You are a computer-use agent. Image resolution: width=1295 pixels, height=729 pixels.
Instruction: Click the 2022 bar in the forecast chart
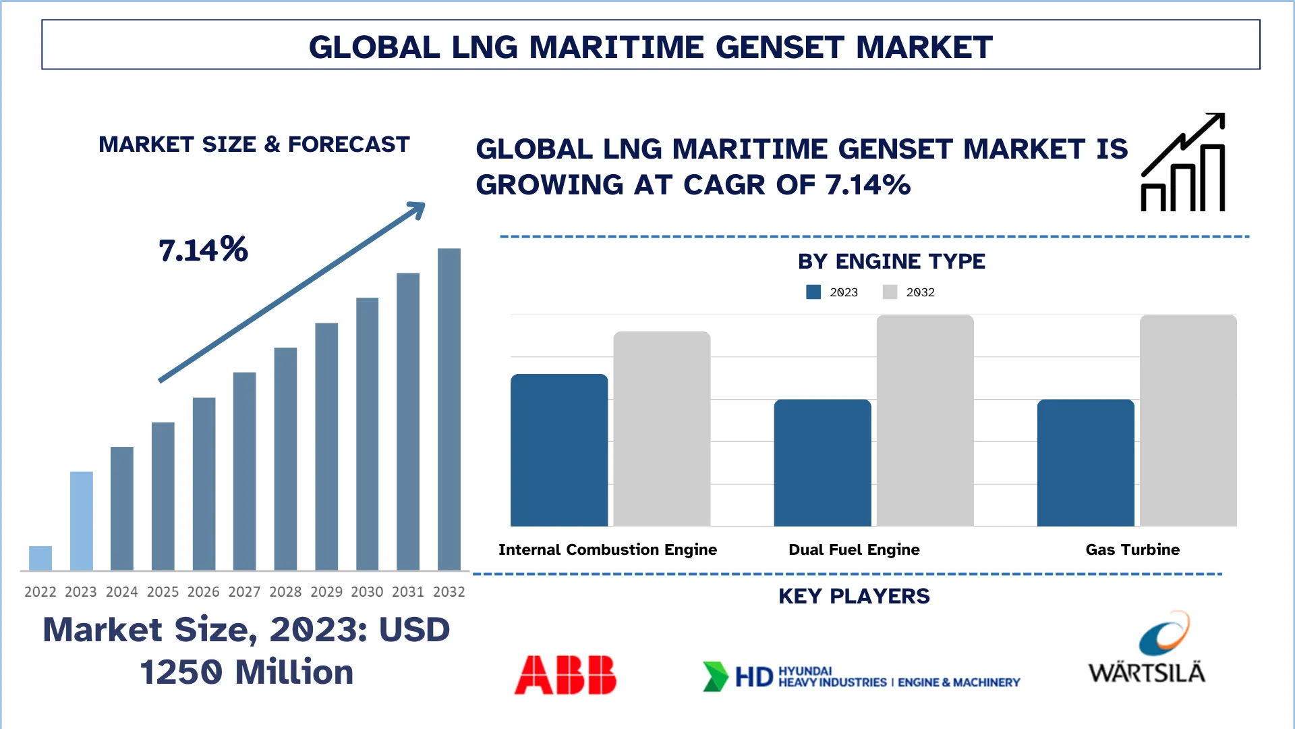[x=40, y=558]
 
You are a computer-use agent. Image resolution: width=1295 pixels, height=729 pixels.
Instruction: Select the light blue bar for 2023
[x=81, y=520]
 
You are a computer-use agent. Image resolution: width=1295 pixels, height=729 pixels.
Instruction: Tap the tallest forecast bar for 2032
[x=449, y=409]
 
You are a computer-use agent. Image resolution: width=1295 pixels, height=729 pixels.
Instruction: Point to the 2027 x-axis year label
[x=244, y=592]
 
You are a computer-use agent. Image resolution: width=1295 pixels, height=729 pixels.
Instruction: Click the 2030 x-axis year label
[x=367, y=592]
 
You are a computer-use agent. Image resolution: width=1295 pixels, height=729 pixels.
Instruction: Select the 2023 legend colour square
[x=813, y=292]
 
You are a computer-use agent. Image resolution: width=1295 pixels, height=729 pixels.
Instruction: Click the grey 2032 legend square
[x=890, y=292]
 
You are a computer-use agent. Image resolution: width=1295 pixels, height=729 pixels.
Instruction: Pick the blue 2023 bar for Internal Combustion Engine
[x=559, y=450]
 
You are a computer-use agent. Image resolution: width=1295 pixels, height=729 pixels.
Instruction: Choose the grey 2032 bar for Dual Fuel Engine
[x=925, y=421]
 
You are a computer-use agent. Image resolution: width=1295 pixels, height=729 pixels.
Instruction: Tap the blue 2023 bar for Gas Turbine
[x=1085, y=463]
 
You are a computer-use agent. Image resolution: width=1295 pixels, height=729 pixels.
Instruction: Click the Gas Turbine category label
[x=1132, y=549]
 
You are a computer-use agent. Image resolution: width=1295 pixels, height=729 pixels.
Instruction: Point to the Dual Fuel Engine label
[x=854, y=549]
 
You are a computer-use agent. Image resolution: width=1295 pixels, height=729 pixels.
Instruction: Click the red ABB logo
[x=565, y=674]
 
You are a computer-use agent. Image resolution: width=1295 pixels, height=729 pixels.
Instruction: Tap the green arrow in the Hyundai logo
[x=715, y=676]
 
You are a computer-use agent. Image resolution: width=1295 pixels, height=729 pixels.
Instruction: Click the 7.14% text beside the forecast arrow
[x=203, y=250]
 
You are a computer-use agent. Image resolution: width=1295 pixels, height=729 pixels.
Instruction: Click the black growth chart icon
[x=1183, y=163]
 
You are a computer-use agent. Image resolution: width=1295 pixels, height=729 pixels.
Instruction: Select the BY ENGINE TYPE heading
[x=891, y=261]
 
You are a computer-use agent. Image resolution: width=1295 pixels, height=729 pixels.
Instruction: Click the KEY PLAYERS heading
[x=854, y=596]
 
